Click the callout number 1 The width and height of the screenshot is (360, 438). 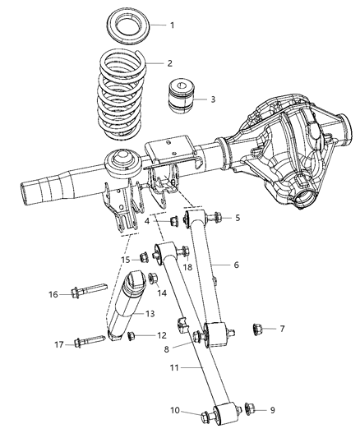coord(172,25)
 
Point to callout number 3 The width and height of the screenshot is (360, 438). coord(212,100)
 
